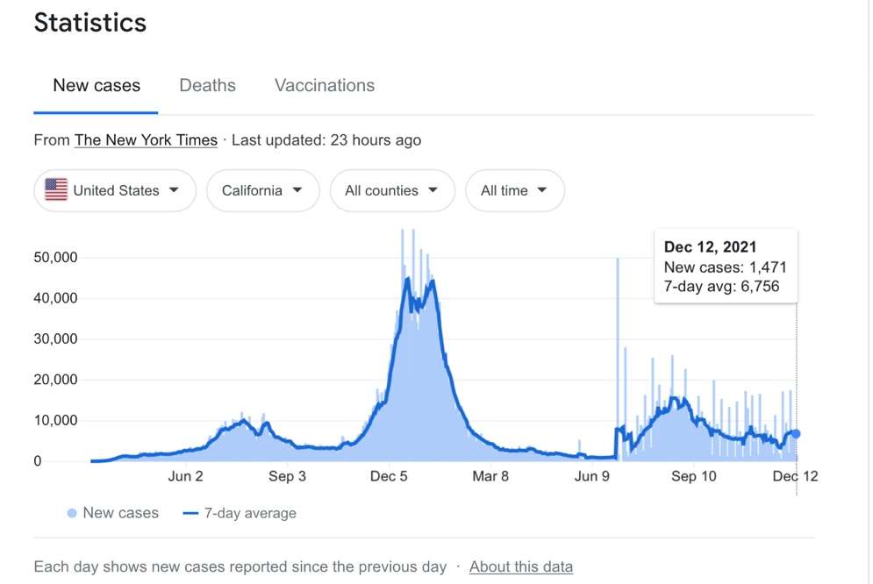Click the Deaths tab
(207, 85)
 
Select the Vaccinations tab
(325, 85)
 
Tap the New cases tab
(97, 85)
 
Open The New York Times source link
(146, 140)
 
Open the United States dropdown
(115, 190)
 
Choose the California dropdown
(263, 190)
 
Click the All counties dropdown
(392, 190)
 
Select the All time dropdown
(514, 190)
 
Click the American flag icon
(56, 189)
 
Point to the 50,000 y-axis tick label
(55, 258)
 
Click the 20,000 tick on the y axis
(55, 380)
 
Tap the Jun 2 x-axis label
(185, 476)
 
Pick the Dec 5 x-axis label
(389, 476)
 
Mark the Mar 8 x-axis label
(490, 476)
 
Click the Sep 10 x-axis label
(694, 476)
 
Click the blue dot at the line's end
(796, 434)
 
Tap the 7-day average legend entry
(240, 513)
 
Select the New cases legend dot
(72, 513)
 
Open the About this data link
(521, 566)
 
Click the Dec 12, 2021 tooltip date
(711, 247)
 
